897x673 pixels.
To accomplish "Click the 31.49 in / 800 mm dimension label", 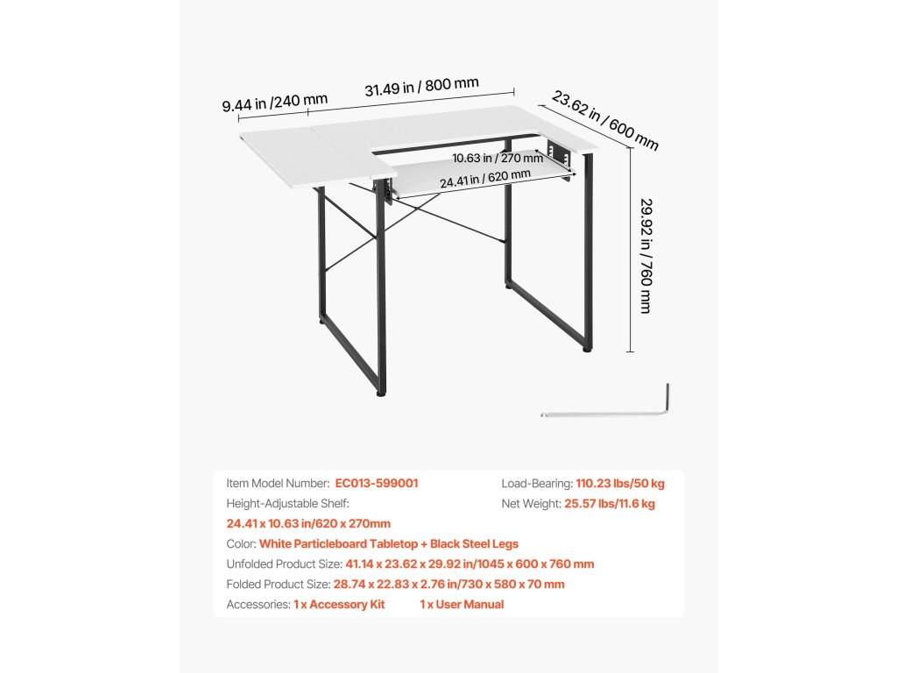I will pos(421,88).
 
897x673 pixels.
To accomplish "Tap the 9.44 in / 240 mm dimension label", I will pos(274,103).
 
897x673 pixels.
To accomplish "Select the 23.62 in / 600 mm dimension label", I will pos(604,118).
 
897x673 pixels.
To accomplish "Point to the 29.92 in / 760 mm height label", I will pos(646,254).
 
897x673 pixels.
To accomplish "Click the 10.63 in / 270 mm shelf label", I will pos(498,159).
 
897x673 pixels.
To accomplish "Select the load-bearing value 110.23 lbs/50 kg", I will pos(620,483).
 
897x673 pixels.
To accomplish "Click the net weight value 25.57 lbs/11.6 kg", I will pos(611,504).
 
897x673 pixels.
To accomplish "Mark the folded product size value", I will pos(449,584).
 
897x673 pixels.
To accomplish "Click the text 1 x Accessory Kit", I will pos(339,605).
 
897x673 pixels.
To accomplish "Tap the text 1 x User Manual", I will pos(462,605).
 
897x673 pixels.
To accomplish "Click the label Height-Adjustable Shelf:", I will pos(287,504).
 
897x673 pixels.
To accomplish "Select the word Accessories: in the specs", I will pos(258,605).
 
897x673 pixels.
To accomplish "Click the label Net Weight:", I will pos(532,504).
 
